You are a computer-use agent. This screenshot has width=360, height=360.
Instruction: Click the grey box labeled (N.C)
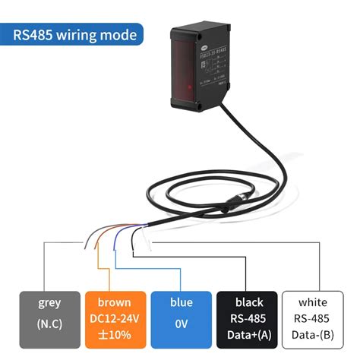pos(49,317)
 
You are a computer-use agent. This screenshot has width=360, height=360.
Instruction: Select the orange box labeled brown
pos(115,317)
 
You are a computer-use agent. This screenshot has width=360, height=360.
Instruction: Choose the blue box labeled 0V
pos(181,317)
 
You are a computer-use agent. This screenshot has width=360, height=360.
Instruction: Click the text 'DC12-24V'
pos(115,318)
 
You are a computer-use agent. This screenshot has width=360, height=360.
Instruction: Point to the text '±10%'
pos(115,335)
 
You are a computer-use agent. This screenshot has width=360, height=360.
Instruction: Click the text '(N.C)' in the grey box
pos(49,325)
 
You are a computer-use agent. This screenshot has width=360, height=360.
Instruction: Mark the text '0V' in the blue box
pos(181,325)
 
